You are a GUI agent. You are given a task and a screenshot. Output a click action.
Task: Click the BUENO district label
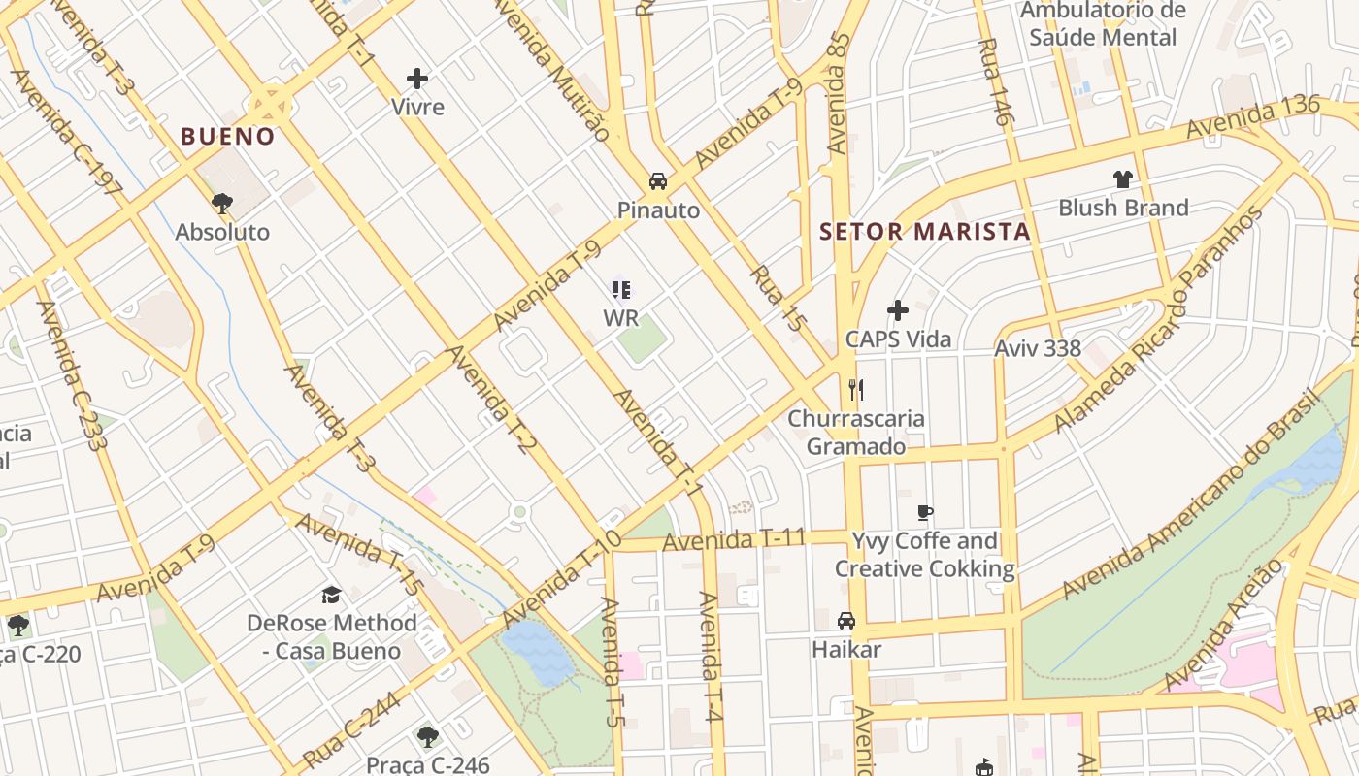pos(228,136)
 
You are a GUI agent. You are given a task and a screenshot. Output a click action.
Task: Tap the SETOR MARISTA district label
pos(924,231)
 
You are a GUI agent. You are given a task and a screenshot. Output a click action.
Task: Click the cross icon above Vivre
pos(417,79)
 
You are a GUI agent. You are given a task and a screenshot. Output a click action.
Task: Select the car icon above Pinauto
pos(658,181)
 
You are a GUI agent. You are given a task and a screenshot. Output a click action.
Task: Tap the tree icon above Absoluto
pos(222,203)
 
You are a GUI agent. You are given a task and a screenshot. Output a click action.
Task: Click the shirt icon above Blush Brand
pos(1123,179)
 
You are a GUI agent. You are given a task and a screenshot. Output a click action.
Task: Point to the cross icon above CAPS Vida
pos(898,310)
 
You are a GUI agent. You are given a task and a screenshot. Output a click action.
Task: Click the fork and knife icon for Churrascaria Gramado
pos(855,390)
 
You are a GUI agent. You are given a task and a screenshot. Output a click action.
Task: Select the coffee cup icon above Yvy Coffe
pos(925,512)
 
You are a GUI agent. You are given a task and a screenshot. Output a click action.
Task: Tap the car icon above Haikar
pos(846,620)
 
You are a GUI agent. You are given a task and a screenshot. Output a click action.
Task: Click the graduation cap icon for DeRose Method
pos(332,595)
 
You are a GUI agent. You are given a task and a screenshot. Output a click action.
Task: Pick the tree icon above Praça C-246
pos(427,737)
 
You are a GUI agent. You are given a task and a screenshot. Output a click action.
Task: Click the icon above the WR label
pos(621,289)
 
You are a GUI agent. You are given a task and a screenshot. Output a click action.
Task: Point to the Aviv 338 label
pos(1038,348)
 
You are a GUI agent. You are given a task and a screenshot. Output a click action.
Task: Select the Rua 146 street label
pos(996,82)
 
